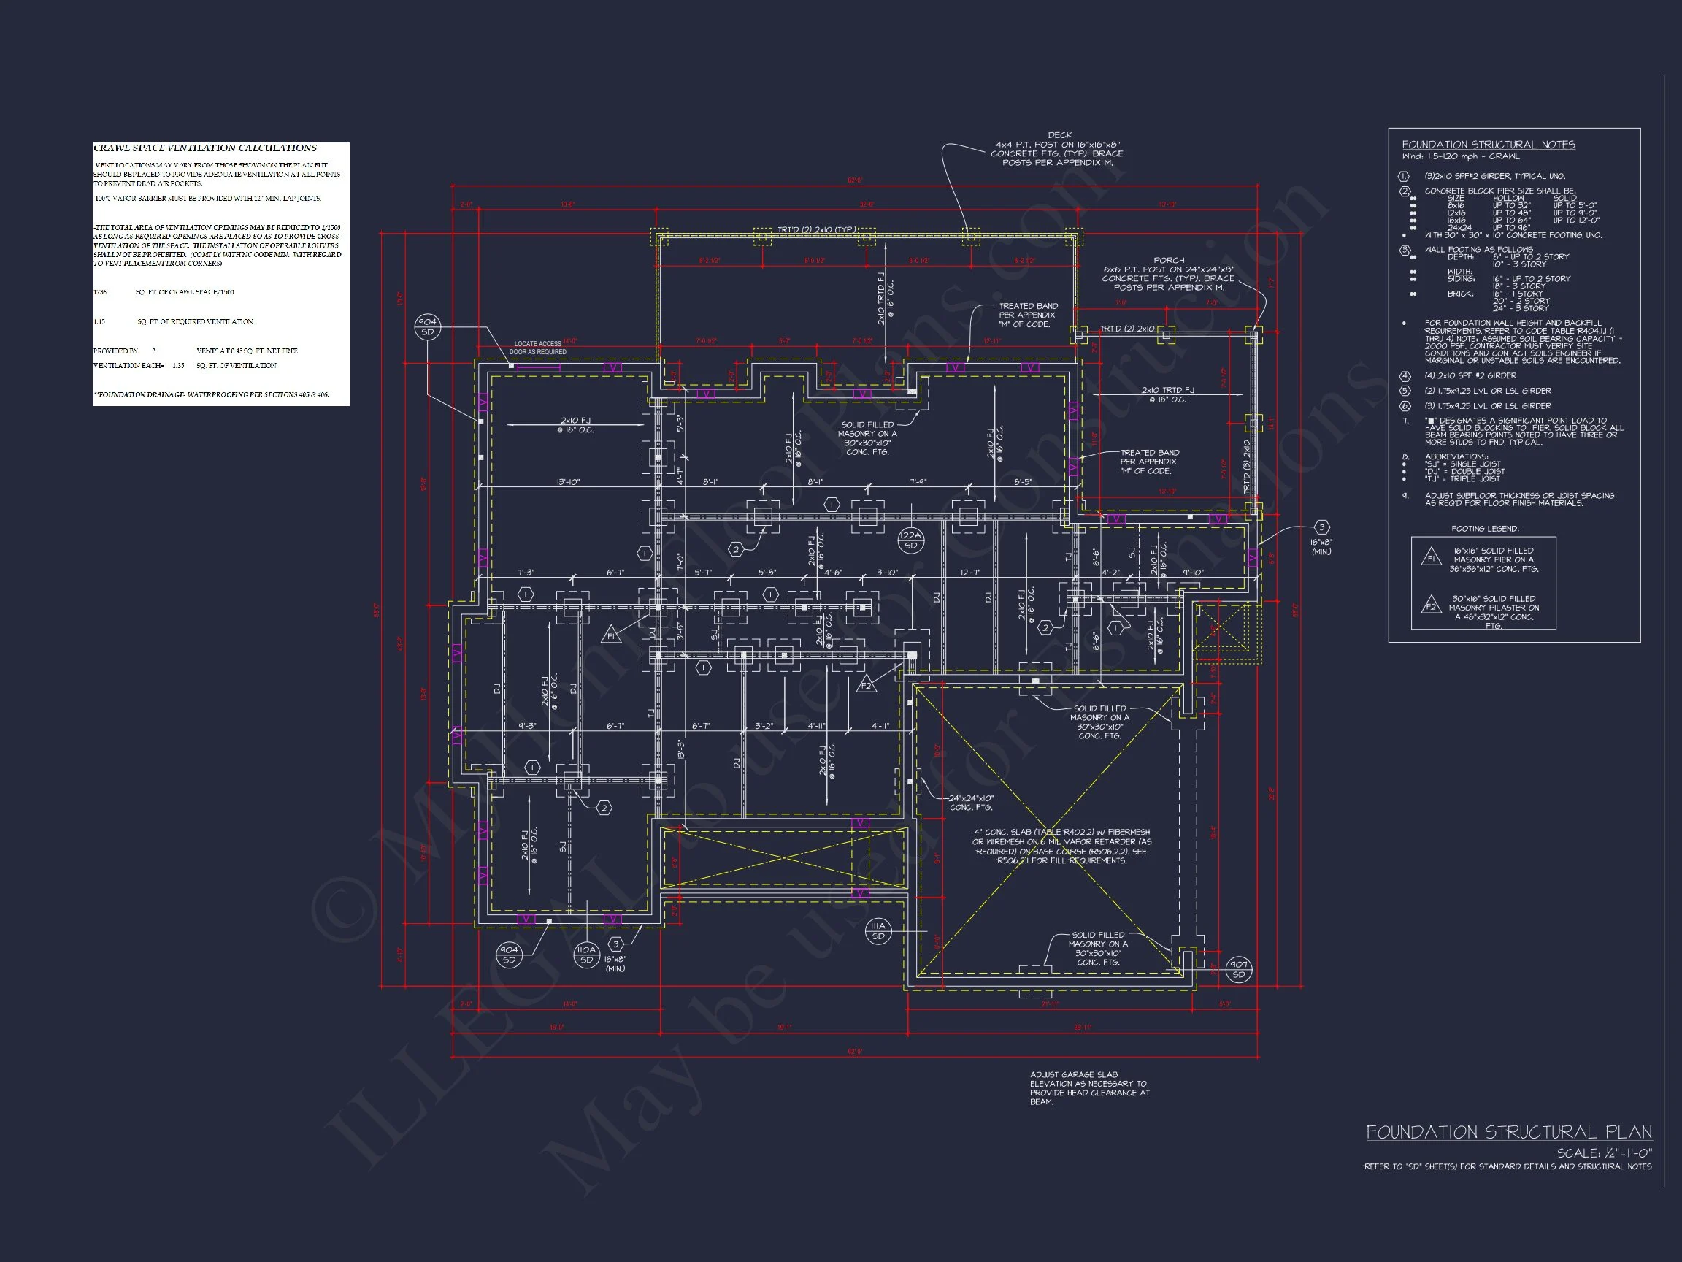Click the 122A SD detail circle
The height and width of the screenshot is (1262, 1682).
pos(910,539)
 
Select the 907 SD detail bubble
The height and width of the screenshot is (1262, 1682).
pos(1239,969)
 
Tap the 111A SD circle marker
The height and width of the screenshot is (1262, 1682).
pos(878,931)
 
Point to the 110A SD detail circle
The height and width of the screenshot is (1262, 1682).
pos(586,955)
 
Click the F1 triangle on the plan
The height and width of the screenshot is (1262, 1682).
pos(610,635)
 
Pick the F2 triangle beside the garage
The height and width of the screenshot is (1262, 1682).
pos(866,684)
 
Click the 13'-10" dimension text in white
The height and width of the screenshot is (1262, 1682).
pos(568,482)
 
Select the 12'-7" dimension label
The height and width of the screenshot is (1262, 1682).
pos(970,573)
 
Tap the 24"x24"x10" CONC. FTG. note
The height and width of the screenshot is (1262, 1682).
pos(971,803)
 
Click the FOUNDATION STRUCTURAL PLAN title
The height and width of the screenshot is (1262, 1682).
pos(1509,1132)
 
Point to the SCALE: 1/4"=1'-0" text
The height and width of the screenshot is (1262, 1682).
pos(1604,1153)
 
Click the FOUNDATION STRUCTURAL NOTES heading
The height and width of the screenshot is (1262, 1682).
pos(1488,145)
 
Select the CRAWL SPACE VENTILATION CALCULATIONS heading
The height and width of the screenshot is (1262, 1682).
pos(205,148)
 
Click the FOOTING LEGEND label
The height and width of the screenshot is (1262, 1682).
pos(1484,529)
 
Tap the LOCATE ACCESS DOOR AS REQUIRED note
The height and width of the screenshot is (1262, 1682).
pos(537,348)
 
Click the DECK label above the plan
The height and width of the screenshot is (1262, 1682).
pos(1059,135)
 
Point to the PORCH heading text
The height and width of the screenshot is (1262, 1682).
pos(1169,260)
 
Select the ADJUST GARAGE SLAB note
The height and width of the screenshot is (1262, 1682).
pos(1089,1087)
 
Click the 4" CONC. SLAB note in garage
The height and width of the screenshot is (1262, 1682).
pos(1062,846)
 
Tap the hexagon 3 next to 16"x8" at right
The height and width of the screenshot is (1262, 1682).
pos(1321,527)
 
